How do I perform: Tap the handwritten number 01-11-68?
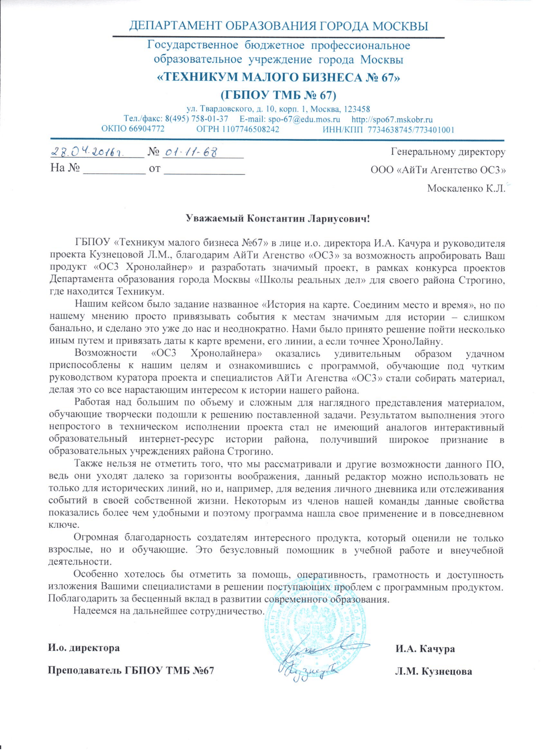(191, 152)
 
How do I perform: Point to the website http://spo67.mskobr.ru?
(392, 120)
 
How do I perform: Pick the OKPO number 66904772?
(146, 129)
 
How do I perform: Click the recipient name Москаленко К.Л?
(466, 188)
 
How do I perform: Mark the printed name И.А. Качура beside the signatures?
(425, 649)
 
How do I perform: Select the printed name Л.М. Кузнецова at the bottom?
(433, 671)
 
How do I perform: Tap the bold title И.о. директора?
(84, 648)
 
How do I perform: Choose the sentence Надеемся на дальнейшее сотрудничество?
(169, 611)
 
